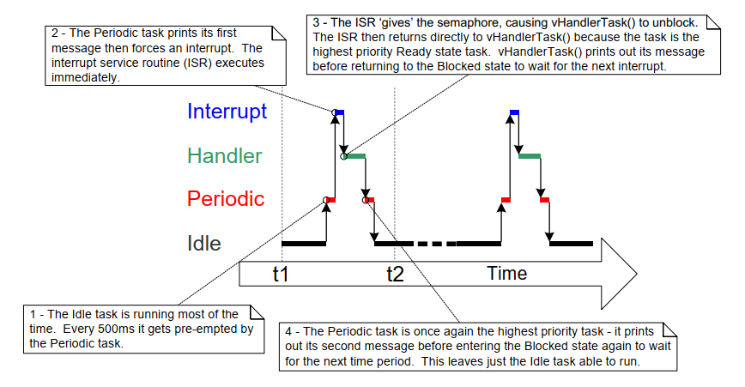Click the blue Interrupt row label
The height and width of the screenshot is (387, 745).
point(227,112)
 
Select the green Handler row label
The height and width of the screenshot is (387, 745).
point(225,156)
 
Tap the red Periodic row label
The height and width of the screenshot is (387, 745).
point(226,199)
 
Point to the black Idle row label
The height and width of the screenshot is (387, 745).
point(204,244)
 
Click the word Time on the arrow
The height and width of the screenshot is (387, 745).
point(506,274)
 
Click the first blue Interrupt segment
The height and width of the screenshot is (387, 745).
point(340,112)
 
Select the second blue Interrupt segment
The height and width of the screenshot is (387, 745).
point(514,112)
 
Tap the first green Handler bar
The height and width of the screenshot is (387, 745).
point(355,156)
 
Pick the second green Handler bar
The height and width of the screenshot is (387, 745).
point(530,156)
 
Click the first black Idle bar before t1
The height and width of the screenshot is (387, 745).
point(304,244)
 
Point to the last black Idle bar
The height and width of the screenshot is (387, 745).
point(572,244)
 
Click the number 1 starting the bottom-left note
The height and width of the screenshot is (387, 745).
point(33,316)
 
